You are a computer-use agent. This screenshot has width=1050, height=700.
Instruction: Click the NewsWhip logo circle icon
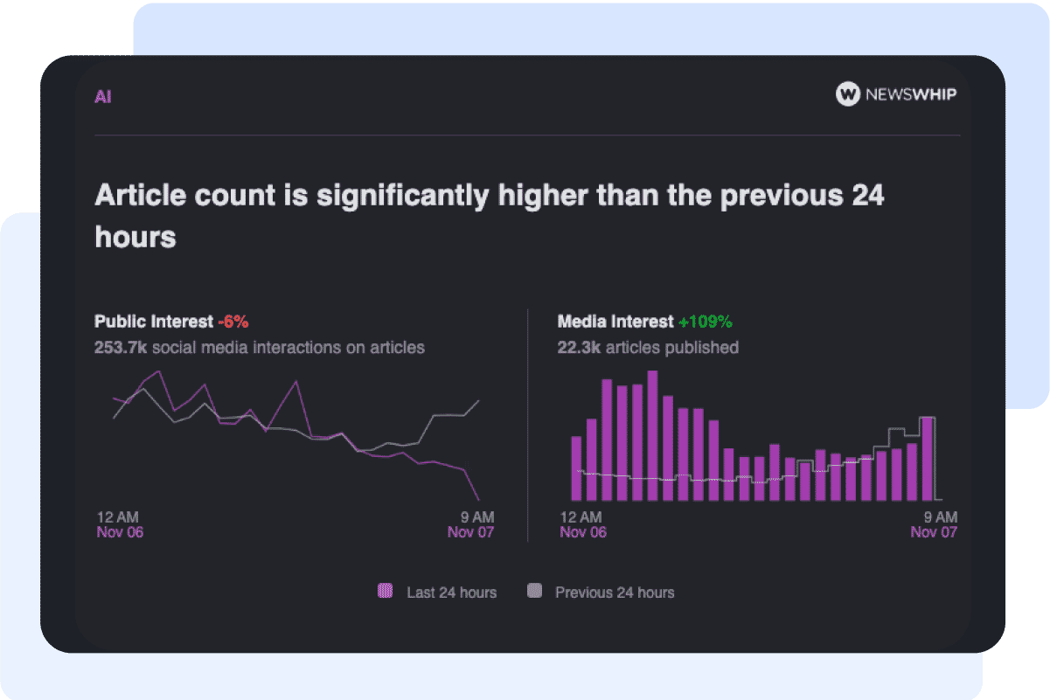[x=848, y=94]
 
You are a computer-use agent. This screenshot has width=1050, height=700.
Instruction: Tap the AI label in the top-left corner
[x=103, y=97]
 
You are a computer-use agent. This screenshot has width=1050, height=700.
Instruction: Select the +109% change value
[x=705, y=322]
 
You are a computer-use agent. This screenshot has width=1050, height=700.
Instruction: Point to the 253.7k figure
[x=122, y=348]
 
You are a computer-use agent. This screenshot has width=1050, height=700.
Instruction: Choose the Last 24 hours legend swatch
[x=385, y=592]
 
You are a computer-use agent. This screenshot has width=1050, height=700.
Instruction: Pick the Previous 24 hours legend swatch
[x=534, y=592]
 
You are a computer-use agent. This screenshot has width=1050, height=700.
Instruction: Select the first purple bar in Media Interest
[x=576, y=468]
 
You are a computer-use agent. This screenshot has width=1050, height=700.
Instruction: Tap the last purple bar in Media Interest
[x=927, y=459]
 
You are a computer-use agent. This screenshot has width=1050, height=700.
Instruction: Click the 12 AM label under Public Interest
[x=117, y=516]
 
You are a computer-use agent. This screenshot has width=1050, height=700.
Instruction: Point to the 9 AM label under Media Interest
[x=940, y=516]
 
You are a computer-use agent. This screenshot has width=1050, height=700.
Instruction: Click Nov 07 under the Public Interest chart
[x=470, y=532]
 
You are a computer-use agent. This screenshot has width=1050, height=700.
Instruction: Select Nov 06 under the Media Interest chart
[x=583, y=532]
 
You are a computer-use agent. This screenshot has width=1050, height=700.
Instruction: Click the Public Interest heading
[x=154, y=322]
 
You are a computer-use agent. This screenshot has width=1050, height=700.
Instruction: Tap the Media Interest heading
[x=615, y=322]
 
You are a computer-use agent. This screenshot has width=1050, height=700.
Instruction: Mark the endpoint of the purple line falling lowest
[x=478, y=499]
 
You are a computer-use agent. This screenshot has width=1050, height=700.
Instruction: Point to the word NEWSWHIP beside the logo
[x=910, y=94]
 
